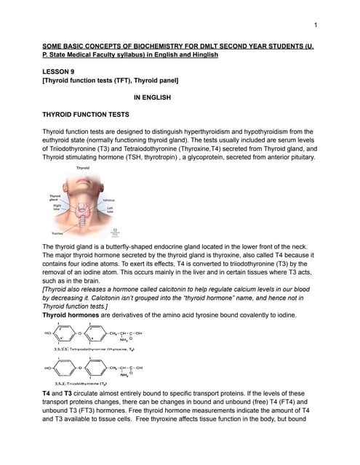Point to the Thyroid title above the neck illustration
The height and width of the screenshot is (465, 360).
(83, 169)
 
